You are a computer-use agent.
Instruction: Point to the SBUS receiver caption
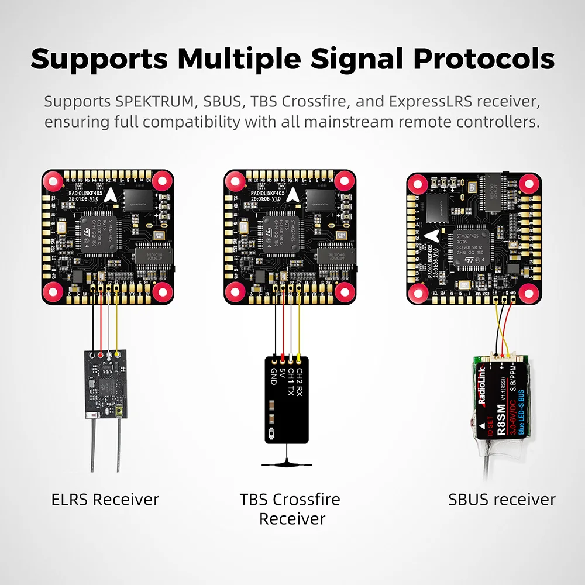(x=502, y=500)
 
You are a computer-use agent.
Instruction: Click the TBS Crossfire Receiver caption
(x=290, y=509)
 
